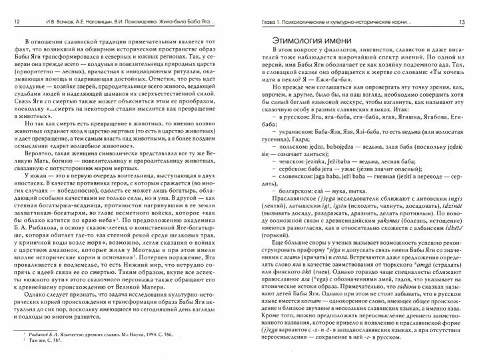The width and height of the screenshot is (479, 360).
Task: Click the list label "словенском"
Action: tap(290, 186)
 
